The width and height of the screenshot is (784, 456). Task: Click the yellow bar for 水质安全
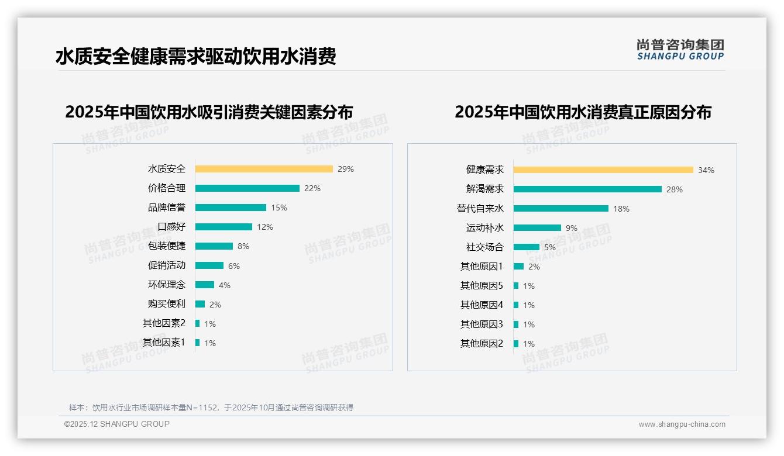[264, 169]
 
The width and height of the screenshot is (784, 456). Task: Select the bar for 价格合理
[247, 188]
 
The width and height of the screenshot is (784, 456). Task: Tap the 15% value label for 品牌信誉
[279, 208]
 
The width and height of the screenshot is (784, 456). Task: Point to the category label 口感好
[171, 227]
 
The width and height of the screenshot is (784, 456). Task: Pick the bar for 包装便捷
[214, 246]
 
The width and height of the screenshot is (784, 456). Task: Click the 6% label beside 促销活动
[234, 266]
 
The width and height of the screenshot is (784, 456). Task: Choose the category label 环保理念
[167, 285]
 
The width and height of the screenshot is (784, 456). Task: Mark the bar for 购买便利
[200, 304]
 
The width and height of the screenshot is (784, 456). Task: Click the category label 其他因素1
[164, 343]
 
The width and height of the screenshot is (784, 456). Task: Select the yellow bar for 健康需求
[603, 170]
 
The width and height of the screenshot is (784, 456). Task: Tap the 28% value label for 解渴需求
[675, 189]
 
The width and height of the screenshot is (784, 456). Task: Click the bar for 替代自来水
[561, 208]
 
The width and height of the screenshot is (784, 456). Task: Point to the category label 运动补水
[484, 228]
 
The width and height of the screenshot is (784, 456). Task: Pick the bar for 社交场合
[527, 247]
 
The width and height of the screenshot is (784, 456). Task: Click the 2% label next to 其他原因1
[534, 267]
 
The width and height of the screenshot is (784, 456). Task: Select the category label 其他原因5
[482, 286]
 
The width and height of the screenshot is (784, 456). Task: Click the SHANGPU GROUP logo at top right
[680, 50]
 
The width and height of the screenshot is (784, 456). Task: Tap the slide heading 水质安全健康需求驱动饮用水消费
[195, 57]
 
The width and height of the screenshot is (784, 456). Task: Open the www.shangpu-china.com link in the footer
[682, 424]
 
